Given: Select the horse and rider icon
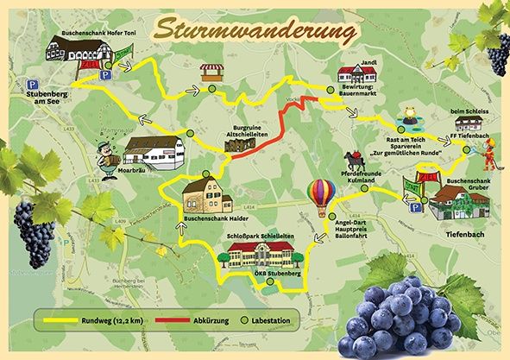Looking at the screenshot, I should (354, 161).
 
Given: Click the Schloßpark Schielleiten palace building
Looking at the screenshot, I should (260, 256).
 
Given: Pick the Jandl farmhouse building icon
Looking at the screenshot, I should (356, 76).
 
